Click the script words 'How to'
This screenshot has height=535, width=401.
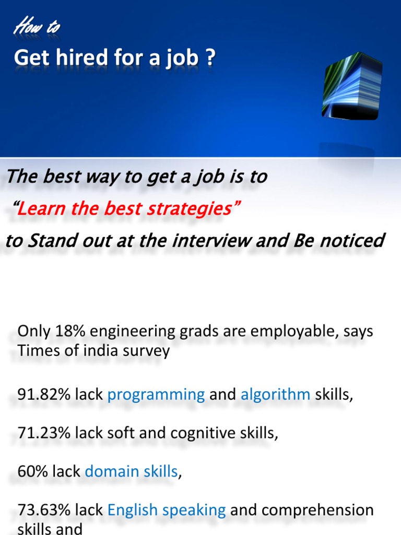pyautogui.click(x=37, y=26)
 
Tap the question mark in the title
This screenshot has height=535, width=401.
pyautogui.click(x=210, y=58)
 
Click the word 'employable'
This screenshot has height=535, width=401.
pyautogui.click(x=294, y=331)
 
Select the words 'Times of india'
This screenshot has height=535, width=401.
pyautogui.click(x=62, y=351)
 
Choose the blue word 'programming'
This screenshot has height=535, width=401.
pyautogui.click(x=156, y=395)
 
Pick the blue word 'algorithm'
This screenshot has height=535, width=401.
pyautogui.click(x=275, y=394)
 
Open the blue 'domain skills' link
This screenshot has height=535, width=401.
pyautogui.click(x=131, y=471)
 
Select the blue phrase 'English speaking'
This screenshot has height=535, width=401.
pyautogui.click(x=167, y=510)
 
